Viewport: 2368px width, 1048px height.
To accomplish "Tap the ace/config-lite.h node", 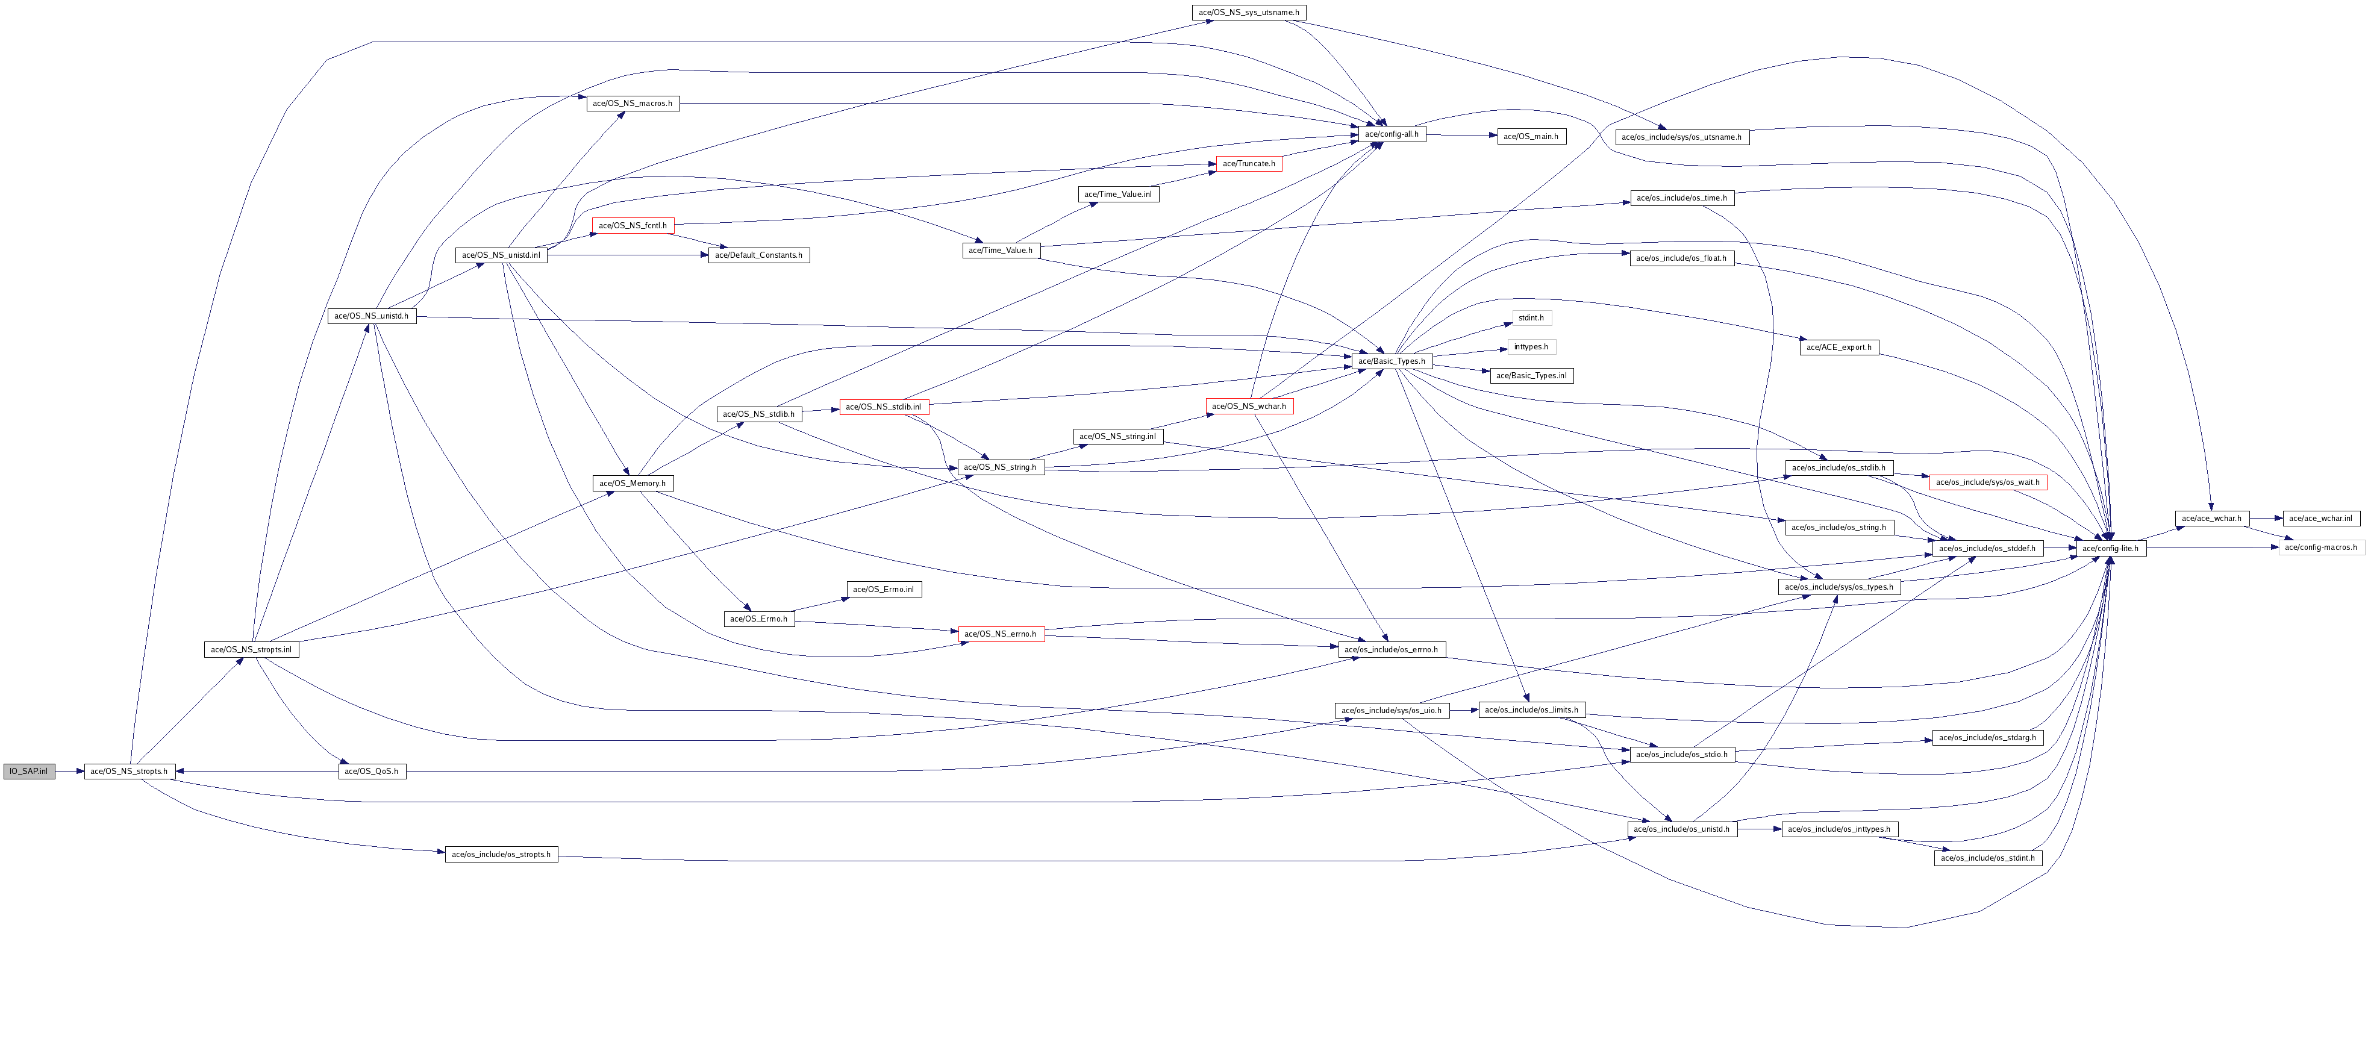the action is pos(2110,548).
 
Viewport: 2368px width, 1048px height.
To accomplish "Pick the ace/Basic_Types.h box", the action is pos(1392,361).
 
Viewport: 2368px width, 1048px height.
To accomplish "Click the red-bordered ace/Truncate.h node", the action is pos(1248,164).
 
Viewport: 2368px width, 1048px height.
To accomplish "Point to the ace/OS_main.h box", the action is pos(1531,136).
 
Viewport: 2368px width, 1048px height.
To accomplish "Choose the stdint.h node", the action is pos(1531,318).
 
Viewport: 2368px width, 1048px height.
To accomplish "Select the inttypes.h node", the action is pos(1531,346).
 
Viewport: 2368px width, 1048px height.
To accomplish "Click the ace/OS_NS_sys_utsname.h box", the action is pos(1248,12).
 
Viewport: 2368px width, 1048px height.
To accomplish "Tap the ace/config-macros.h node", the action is pos(2320,547).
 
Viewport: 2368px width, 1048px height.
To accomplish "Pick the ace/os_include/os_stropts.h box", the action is pos(501,854).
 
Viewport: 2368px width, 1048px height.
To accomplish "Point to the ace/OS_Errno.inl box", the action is pos(883,589).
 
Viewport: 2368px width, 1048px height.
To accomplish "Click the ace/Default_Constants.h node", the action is pos(758,255).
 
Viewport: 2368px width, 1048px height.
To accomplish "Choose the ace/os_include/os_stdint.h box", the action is pos(1987,858).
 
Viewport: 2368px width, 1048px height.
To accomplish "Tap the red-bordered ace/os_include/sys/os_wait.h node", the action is pos(1987,482).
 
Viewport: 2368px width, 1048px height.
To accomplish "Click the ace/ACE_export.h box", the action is pos(1838,346).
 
